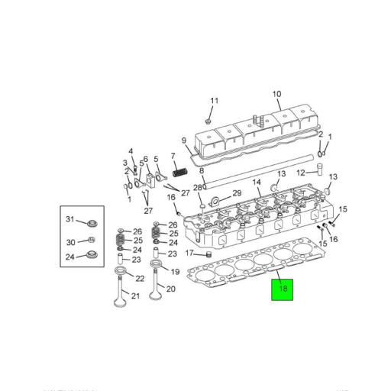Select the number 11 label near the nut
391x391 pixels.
(x=215, y=101)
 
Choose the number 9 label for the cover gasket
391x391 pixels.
(x=184, y=140)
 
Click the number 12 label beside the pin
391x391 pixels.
(x=301, y=173)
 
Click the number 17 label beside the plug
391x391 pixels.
(x=188, y=253)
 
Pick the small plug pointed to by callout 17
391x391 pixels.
(x=204, y=254)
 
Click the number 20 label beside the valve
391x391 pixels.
(x=170, y=289)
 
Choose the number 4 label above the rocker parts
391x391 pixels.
(x=131, y=150)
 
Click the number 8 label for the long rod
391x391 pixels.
(x=202, y=173)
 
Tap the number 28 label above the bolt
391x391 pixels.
(x=199, y=188)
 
